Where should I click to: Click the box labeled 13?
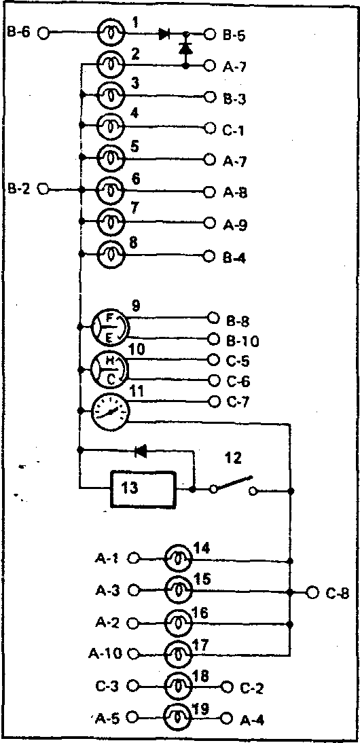143,489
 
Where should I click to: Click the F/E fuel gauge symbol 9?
109,327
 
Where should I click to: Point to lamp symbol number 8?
110,255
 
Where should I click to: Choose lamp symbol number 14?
178,559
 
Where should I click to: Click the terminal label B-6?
18,33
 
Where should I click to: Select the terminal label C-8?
338,594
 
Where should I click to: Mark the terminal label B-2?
18,189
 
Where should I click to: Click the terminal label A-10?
106,654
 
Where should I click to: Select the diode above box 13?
141,452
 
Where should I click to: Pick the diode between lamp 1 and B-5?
165,34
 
